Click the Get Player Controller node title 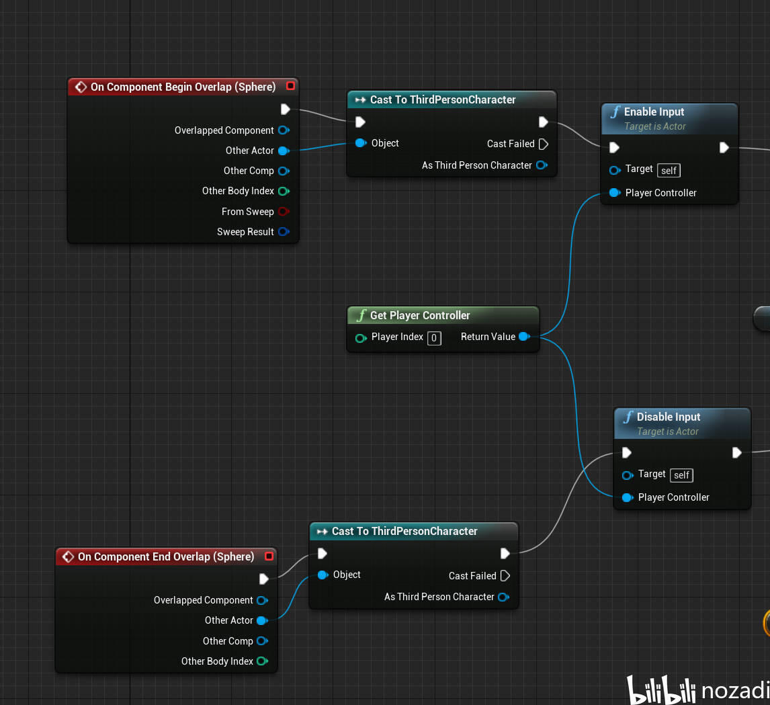point(420,315)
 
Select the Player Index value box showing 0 point(434,337)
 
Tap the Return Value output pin point(524,337)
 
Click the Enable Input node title point(654,112)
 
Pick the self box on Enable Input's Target point(669,170)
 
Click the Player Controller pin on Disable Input point(627,497)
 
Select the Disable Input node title point(668,417)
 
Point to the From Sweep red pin point(284,212)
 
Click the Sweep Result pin point(284,232)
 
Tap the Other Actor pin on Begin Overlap point(284,151)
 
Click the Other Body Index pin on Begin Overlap point(284,191)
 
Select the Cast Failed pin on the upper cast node point(544,144)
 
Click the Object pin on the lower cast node point(323,575)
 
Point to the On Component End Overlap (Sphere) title point(165,556)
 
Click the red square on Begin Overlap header point(290,86)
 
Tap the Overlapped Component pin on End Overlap point(262,600)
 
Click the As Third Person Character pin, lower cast point(503,597)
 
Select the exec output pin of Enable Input point(724,147)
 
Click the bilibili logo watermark point(662,690)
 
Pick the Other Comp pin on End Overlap point(262,641)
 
